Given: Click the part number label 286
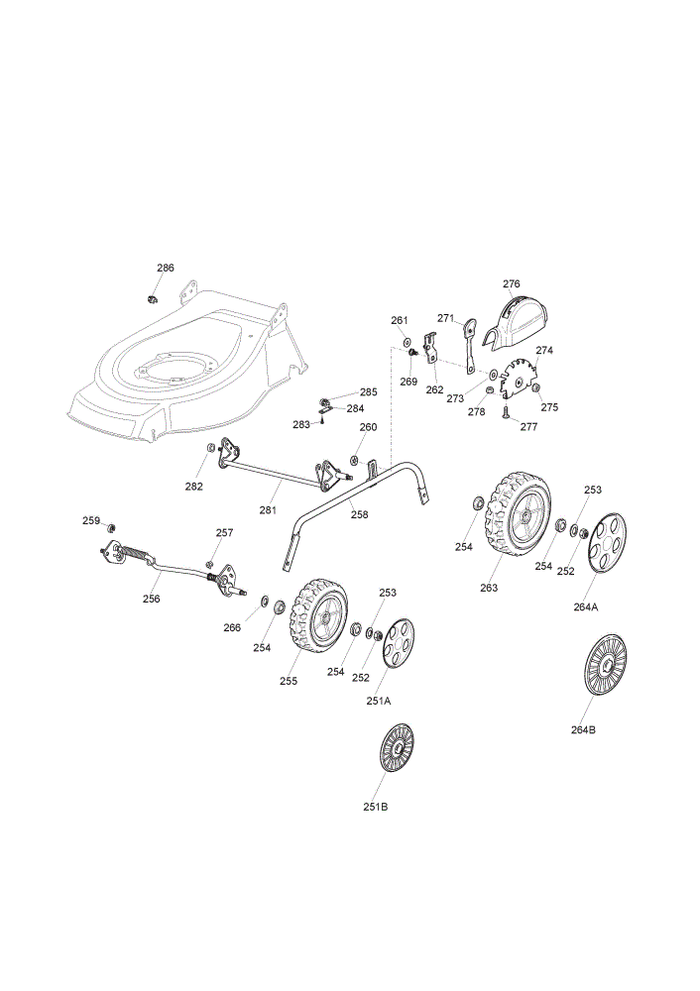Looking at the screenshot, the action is [x=165, y=268].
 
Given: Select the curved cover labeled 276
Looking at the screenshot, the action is [x=516, y=322].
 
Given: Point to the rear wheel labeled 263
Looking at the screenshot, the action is [x=518, y=513].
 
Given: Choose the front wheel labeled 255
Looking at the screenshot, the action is [x=318, y=615].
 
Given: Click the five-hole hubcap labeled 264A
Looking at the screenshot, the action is [x=607, y=543].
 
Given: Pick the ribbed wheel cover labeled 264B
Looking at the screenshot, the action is [x=605, y=664].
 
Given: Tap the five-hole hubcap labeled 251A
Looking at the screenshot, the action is [x=398, y=643].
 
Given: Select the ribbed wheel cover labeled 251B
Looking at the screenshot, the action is [x=398, y=747].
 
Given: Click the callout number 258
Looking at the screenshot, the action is [x=359, y=514].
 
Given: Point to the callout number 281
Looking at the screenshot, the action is [x=268, y=510].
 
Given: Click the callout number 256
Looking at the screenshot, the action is [x=151, y=599].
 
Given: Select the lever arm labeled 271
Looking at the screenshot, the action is [x=470, y=346].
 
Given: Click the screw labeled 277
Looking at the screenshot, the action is [x=507, y=412].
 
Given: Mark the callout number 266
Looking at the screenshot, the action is [x=232, y=627].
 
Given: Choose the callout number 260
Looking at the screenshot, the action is [x=368, y=426].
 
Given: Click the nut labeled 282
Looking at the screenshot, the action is [x=210, y=448].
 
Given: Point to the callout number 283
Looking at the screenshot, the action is [x=301, y=424].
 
